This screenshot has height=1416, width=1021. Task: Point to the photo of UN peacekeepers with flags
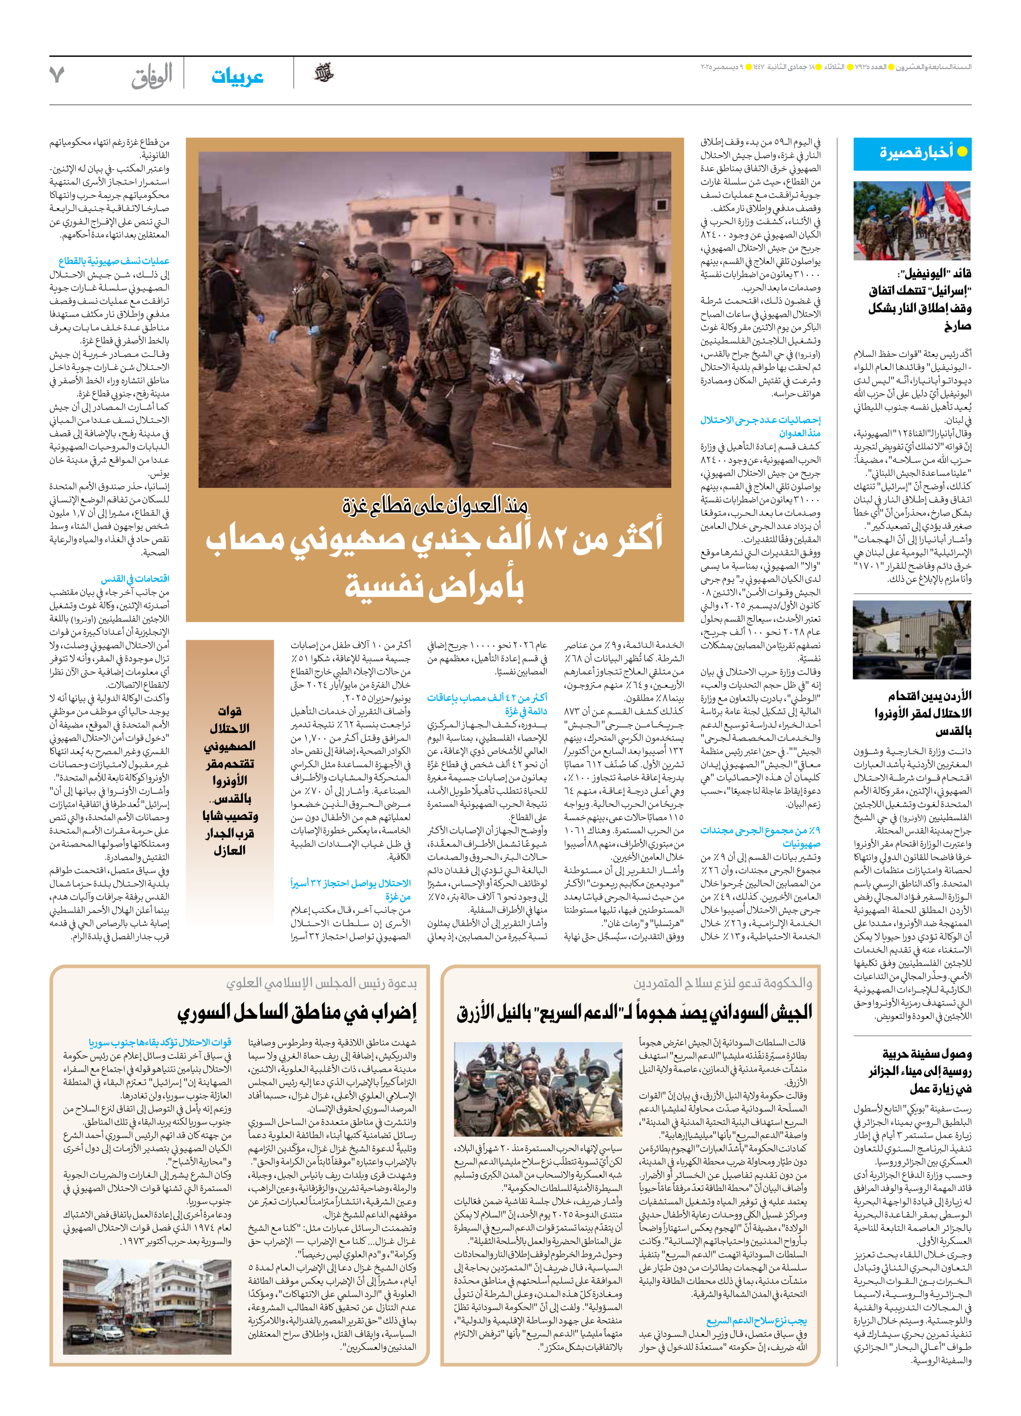(912, 220)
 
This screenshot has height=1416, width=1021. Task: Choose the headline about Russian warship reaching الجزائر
(920, 1071)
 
